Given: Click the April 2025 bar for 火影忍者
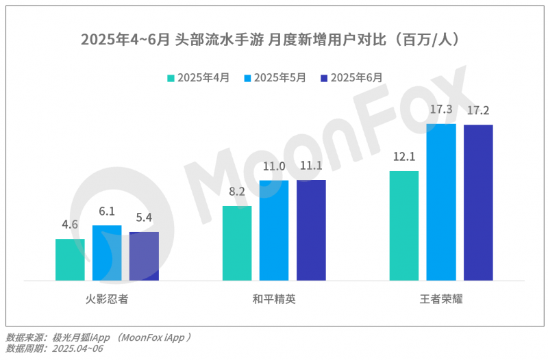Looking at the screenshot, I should tap(70, 259).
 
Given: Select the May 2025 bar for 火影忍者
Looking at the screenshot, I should tap(107, 253).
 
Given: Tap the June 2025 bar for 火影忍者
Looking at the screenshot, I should tap(144, 256).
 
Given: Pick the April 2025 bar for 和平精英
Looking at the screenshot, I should tap(237, 243).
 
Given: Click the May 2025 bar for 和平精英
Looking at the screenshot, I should tap(274, 230).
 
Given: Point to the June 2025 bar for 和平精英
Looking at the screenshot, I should tap(311, 230).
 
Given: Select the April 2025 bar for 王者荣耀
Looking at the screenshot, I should tap(404, 225).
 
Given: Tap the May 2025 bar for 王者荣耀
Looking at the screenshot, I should tap(441, 202).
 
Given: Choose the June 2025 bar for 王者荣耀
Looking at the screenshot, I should tap(478, 203).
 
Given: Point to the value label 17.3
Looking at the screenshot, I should tap(441, 110).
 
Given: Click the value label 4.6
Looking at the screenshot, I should tap(70, 224).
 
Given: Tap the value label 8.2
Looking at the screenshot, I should tap(237, 192).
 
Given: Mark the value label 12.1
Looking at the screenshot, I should tap(404, 157).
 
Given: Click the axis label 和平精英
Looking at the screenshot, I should tap(274, 299).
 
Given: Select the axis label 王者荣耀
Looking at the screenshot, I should tap(441, 299).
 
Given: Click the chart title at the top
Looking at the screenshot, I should tap(274, 38).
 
